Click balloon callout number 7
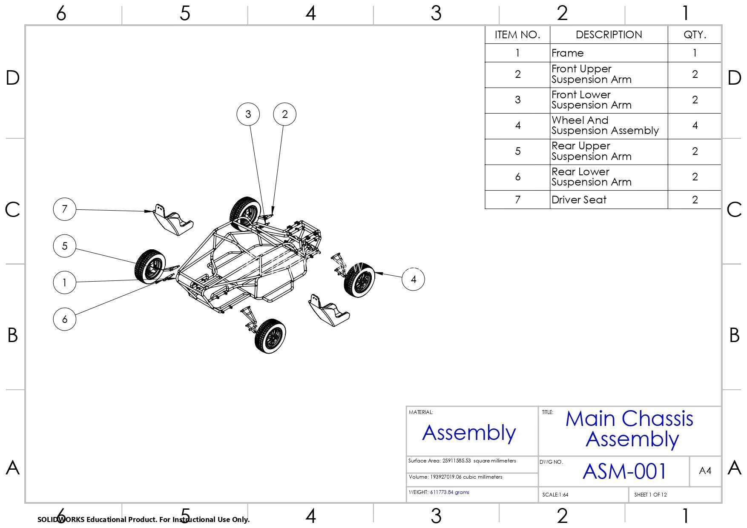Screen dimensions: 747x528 click(65, 209)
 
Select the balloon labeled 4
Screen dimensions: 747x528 click(414, 279)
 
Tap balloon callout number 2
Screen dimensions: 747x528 click(285, 114)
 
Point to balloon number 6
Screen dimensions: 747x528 click(65, 319)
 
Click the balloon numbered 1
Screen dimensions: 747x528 click(65, 283)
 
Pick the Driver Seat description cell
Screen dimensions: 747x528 click(609, 200)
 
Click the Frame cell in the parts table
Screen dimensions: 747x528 click(609, 53)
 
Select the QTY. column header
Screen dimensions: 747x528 click(695, 35)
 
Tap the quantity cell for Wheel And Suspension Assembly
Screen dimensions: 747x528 click(695, 126)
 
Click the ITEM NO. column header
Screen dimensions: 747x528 click(517, 35)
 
